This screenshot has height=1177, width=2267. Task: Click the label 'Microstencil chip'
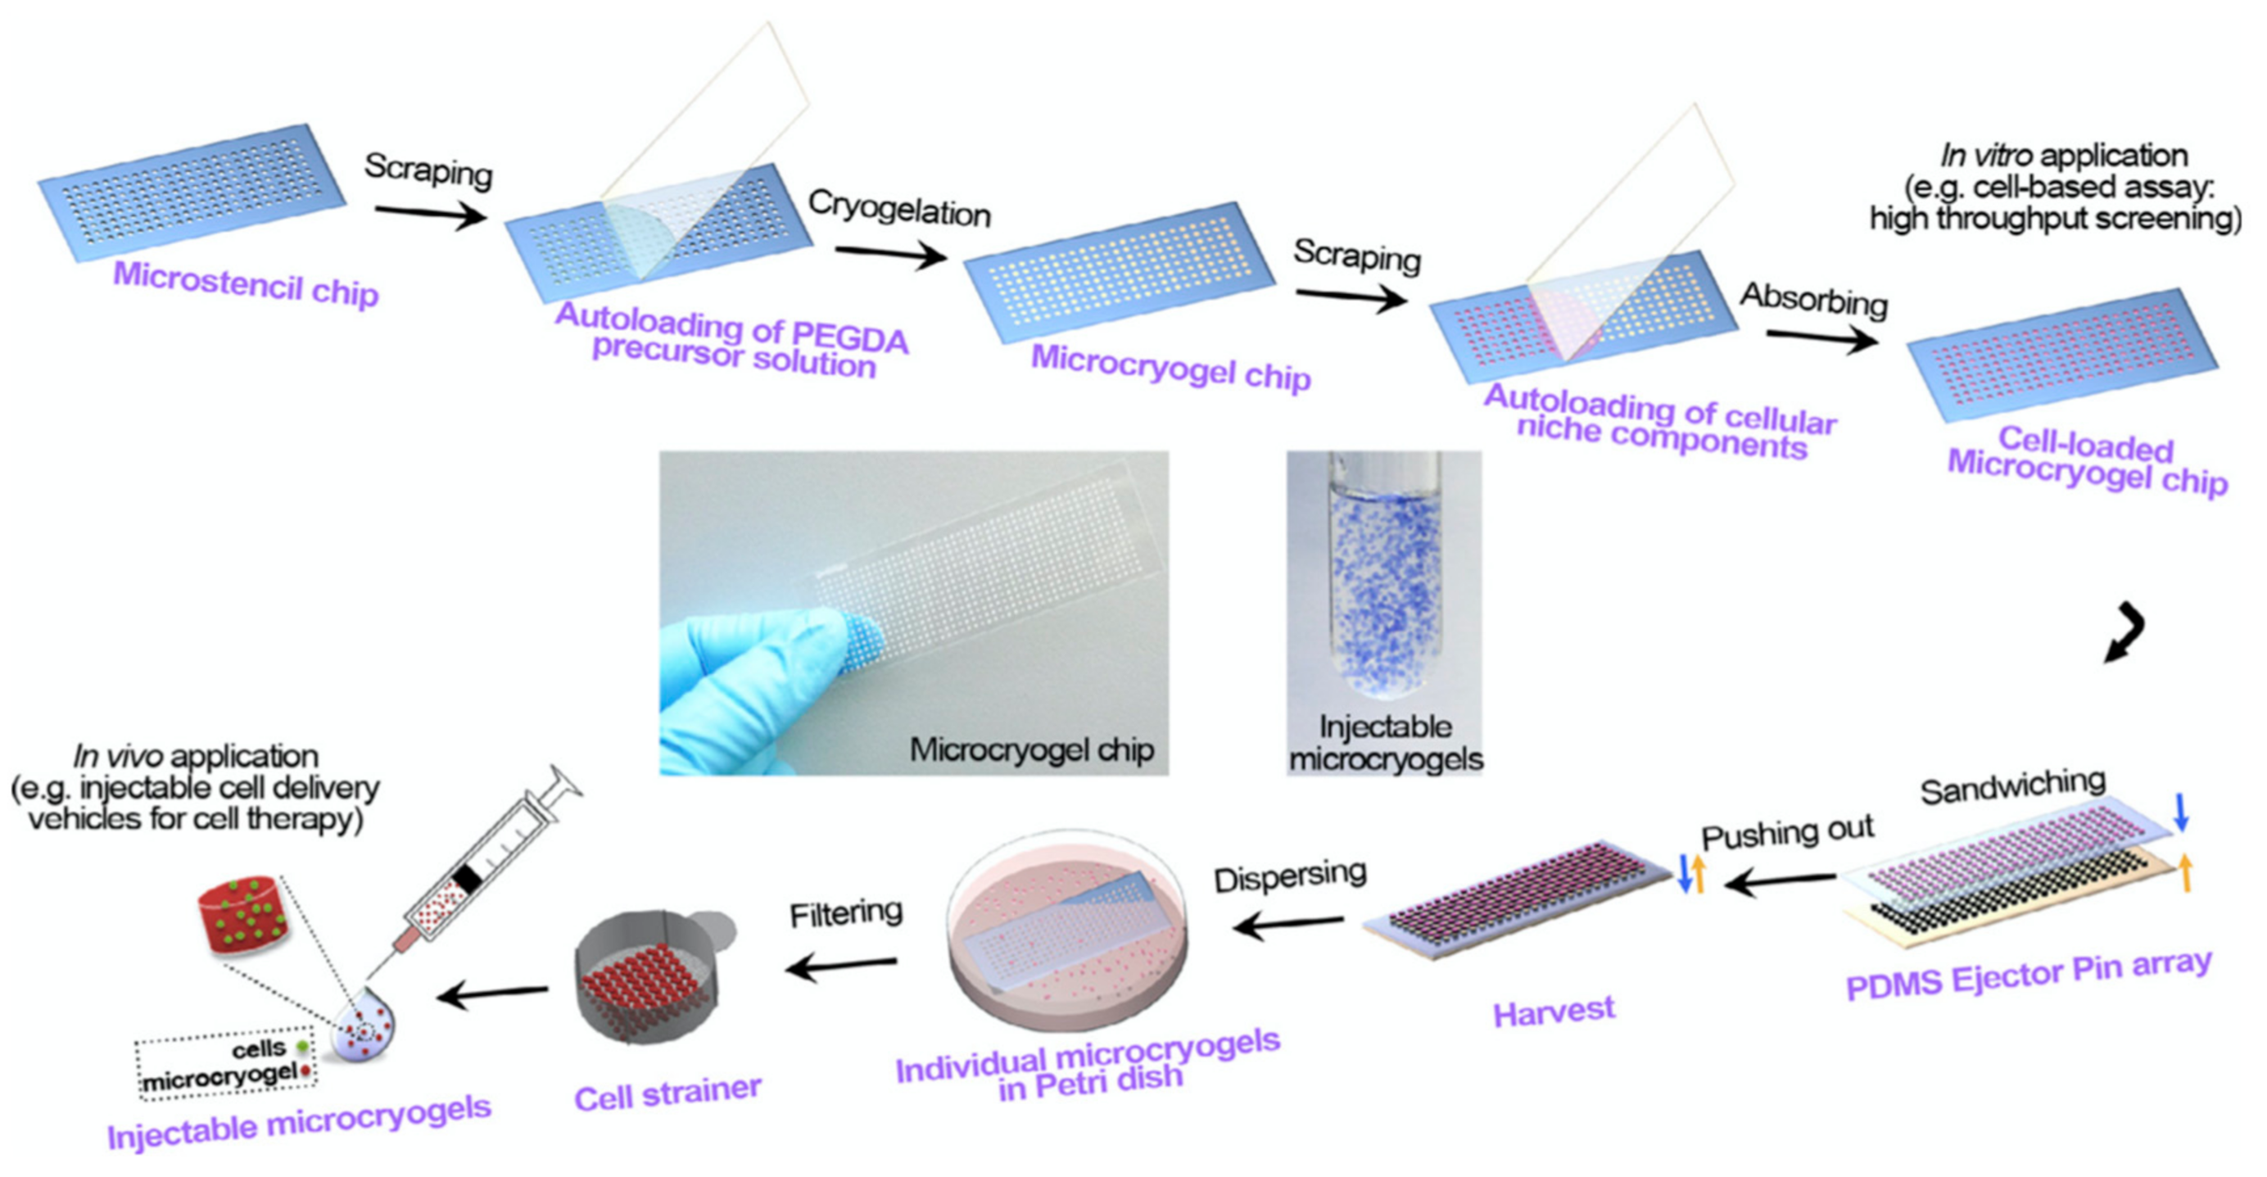click(x=246, y=283)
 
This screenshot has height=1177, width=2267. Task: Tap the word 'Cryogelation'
click(x=898, y=209)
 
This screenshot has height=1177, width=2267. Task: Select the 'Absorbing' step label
click(x=1814, y=299)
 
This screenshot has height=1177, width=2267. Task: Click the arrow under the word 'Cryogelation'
click(x=889, y=255)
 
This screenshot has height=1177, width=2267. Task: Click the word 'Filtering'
click(x=846, y=913)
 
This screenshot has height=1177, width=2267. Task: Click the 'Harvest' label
click(x=1554, y=1012)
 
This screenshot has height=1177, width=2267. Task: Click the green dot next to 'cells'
click(x=303, y=1047)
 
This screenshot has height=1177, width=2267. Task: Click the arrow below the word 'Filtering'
click(x=840, y=966)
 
